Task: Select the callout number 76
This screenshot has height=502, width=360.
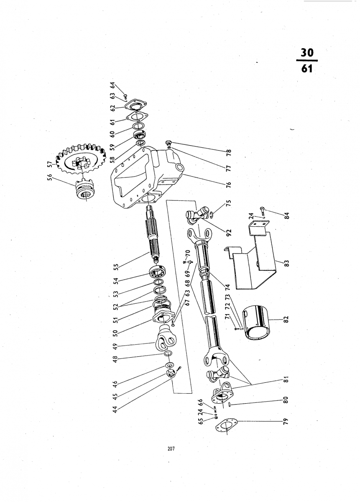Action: click(x=228, y=185)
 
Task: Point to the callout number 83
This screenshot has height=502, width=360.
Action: click(x=287, y=263)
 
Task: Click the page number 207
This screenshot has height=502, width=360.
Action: click(x=171, y=453)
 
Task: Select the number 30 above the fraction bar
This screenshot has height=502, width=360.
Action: click(x=307, y=53)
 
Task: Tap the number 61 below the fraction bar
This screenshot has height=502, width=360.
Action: click(x=307, y=68)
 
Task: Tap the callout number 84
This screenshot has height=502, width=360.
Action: click(x=287, y=215)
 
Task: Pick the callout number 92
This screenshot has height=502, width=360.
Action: click(x=228, y=233)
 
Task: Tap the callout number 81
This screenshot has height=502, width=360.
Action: click(x=287, y=380)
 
